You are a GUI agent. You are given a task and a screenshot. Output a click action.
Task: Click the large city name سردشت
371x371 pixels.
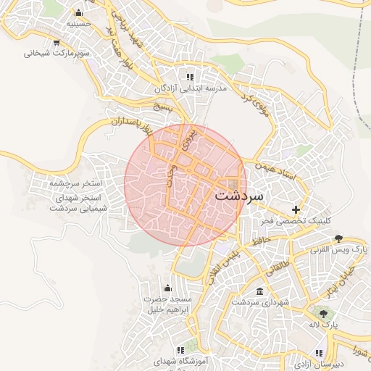tap(240, 196)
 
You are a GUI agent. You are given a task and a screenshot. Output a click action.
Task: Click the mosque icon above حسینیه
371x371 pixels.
tap(78, 13)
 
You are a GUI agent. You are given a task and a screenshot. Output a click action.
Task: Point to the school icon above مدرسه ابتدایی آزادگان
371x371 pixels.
tap(190, 77)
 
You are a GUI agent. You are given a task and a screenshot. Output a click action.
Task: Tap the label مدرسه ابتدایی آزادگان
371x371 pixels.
tap(190, 88)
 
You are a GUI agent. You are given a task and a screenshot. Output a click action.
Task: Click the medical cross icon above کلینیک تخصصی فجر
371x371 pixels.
tap(296, 209)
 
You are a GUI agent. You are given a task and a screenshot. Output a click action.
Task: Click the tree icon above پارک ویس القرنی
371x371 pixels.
tap(338, 238)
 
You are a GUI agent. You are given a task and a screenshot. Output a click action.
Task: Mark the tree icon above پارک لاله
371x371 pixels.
tap(323, 313)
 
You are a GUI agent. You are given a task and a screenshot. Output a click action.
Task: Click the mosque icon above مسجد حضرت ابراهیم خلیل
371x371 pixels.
tap(167, 288)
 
